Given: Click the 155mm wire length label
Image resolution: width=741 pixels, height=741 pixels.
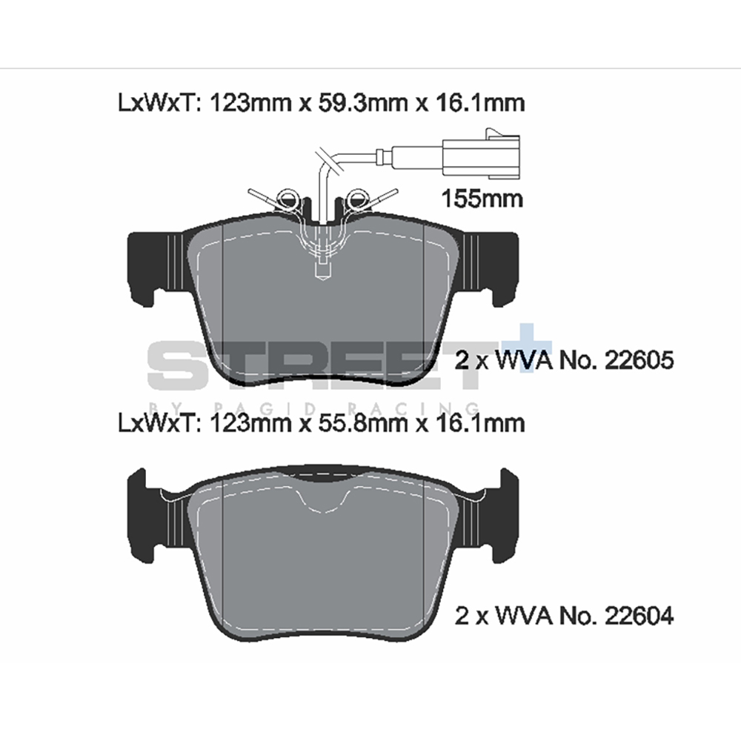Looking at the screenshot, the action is [x=482, y=199].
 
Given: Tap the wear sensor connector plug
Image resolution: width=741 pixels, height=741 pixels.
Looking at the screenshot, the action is [x=481, y=153].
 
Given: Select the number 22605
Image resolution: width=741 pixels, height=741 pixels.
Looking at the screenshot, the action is [x=639, y=361].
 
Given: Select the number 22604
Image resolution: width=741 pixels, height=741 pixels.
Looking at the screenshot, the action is [x=639, y=616].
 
